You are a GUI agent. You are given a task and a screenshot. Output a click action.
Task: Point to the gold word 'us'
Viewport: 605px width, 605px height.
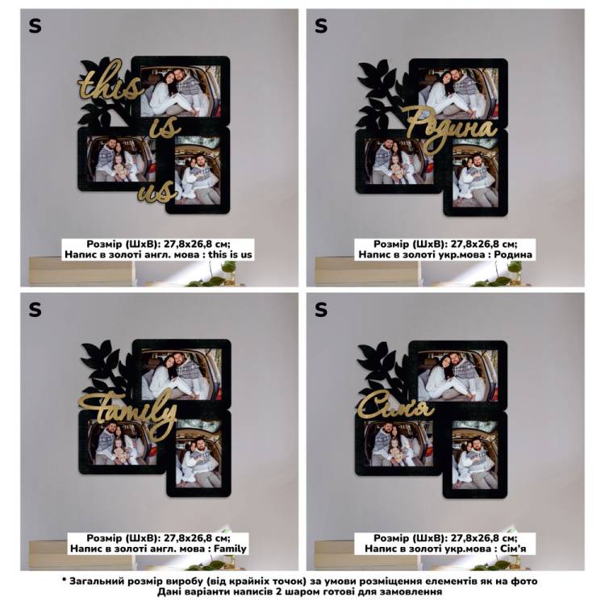[x=156, y=192]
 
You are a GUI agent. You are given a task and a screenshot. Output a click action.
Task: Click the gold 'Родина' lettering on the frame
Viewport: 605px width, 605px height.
[x=451, y=129]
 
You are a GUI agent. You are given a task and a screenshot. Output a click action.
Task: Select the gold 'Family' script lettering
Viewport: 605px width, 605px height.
[x=127, y=412]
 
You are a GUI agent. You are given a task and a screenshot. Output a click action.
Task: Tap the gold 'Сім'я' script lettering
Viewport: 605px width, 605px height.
[x=396, y=408]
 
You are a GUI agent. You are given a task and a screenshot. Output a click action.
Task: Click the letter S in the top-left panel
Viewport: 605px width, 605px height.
[x=35, y=27]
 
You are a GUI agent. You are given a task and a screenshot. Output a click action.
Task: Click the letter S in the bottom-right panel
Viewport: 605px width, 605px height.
[x=321, y=310]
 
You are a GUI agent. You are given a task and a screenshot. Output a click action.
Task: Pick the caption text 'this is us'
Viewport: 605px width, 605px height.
[x=231, y=255]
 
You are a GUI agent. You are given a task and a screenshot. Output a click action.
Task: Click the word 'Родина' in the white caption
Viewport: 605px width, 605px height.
[x=513, y=255]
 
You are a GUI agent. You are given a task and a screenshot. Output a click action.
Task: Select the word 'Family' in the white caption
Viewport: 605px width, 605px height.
[x=230, y=549]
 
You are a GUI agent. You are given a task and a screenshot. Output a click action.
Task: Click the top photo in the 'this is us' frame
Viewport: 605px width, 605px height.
[x=181, y=91]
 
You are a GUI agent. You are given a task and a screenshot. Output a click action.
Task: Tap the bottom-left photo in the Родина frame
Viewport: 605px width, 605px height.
[x=398, y=161]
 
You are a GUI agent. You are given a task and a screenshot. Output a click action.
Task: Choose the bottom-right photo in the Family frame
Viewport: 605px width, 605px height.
[x=198, y=454]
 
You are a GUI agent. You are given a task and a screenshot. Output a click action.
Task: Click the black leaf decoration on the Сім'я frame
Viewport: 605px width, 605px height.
[x=380, y=370]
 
